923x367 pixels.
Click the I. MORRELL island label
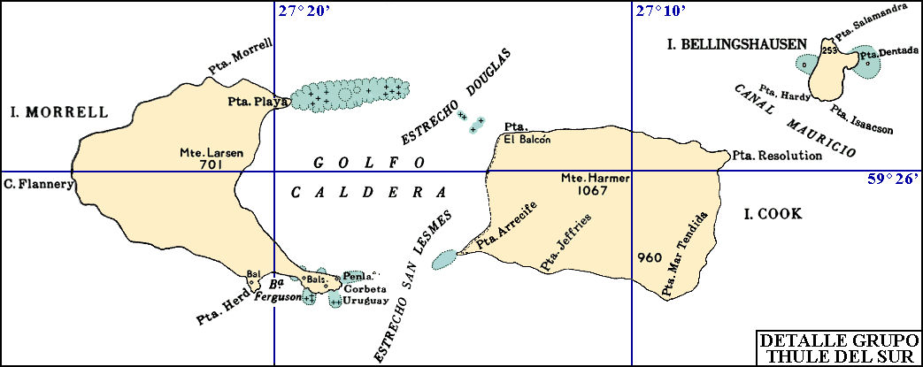pos(59,112)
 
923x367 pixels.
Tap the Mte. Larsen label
pos(211,152)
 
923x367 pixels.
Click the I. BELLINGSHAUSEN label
pos(736,43)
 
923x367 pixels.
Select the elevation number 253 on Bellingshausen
pos(829,51)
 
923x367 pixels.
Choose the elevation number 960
pos(649,258)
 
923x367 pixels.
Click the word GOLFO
pos(369,163)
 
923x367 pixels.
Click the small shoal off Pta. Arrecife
pos(445,259)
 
